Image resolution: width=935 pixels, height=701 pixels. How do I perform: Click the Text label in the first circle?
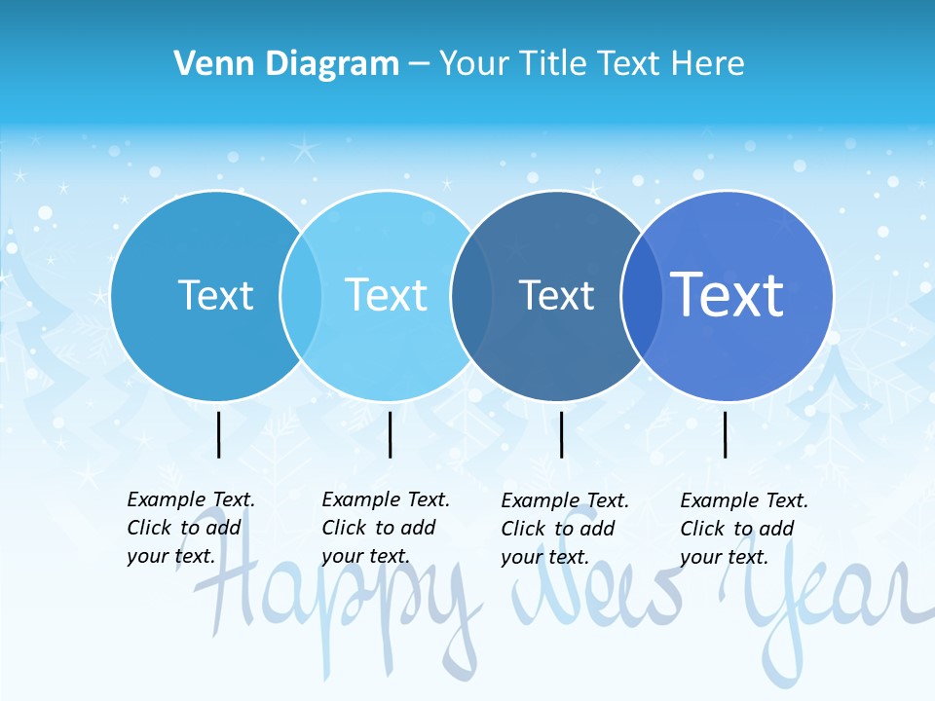pyautogui.click(x=215, y=295)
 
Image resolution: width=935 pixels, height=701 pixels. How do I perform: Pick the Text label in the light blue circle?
pyautogui.click(x=386, y=295)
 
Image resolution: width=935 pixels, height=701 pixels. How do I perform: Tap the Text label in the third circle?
pyautogui.click(x=556, y=295)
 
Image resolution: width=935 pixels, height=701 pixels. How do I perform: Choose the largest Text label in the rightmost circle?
pyautogui.click(x=727, y=294)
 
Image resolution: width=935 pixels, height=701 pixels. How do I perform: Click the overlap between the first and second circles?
pyautogui.click(x=301, y=296)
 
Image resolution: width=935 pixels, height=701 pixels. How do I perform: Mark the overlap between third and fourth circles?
pyautogui.click(x=641, y=296)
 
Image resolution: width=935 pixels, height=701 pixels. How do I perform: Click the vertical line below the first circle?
pyautogui.click(x=218, y=434)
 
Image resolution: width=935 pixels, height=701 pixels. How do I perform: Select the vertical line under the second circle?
pyautogui.click(x=390, y=434)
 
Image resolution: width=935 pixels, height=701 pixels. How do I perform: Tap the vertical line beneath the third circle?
pyautogui.click(x=561, y=434)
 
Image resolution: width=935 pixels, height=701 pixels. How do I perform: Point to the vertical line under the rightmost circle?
pyautogui.click(x=725, y=434)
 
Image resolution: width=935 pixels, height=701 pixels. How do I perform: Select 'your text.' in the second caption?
pyautogui.click(x=365, y=557)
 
